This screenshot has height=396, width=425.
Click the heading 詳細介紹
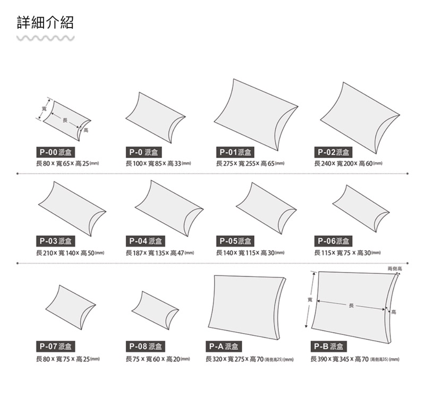(45, 22)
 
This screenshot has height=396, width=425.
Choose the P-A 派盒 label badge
(224, 347)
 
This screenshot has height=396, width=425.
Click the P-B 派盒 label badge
(328, 347)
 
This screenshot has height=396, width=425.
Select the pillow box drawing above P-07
(71, 307)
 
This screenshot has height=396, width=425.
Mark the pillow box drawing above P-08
(155, 310)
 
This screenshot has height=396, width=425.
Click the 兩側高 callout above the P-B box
(395, 269)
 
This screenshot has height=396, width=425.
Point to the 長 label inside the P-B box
(351, 305)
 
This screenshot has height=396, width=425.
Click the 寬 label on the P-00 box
(44, 109)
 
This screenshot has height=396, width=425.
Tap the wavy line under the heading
(45, 38)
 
